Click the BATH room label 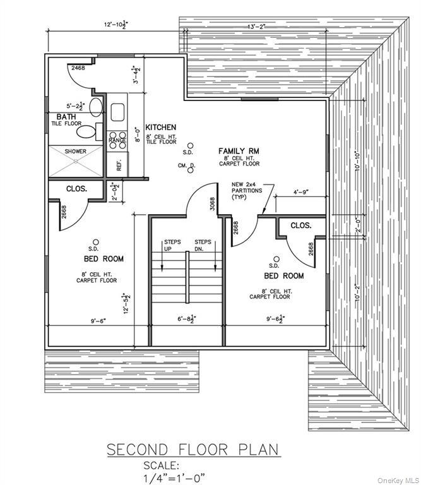[x=66, y=117]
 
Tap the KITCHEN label [x=161, y=128]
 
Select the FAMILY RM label [x=239, y=151]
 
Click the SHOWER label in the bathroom [x=74, y=152]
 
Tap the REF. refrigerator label [x=118, y=167]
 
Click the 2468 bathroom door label [x=78, y=67]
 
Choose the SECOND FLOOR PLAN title [x=192, y=450]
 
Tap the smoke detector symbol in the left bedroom [x=96, y=242]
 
